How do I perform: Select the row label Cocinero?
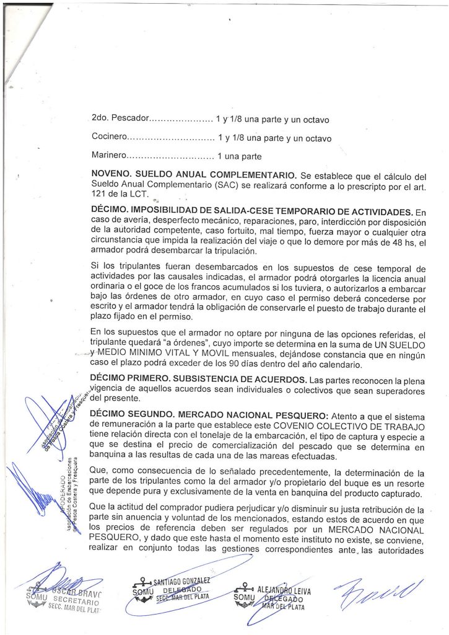click(109, 138)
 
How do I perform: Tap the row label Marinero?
click(109, 156)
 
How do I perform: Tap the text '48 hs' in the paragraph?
click(402, 242)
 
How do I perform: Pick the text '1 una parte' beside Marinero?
click(238, 156)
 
